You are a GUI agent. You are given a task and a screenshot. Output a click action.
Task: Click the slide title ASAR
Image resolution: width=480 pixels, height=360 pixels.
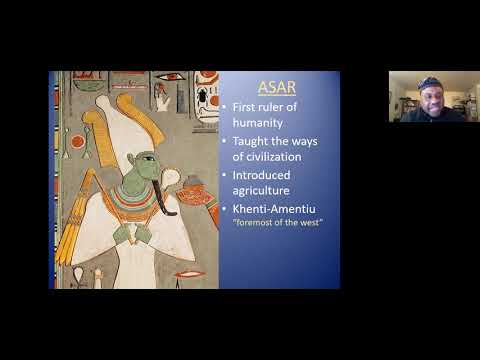278,86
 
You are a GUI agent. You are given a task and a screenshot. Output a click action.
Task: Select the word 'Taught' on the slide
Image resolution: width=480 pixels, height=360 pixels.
249,142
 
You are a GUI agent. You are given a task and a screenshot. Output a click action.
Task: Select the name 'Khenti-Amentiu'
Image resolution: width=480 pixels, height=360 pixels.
277,216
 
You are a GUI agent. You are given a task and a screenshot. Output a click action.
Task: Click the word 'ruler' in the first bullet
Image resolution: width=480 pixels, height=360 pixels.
275,105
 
